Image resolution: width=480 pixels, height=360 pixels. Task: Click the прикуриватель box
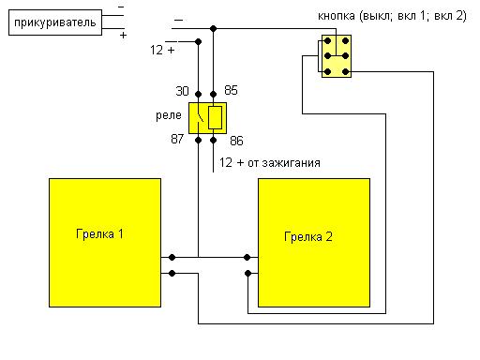point(55,22)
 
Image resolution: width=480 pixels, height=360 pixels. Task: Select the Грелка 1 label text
point(99,234)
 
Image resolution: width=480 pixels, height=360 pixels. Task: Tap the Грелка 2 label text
point(308,237)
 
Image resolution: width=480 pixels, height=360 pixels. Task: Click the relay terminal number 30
point(182,91)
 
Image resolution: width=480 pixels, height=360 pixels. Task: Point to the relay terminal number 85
point(231,90)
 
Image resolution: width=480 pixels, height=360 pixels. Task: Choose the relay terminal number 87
point(177,139)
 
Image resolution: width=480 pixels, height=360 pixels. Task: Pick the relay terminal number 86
point(236,141)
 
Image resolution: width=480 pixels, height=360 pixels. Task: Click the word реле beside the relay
point(169,115)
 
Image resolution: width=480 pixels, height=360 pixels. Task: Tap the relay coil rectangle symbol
point(215,117)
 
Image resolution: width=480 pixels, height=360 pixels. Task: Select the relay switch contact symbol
point(200,117)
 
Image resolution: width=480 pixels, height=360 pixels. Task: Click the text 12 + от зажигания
point(270,163)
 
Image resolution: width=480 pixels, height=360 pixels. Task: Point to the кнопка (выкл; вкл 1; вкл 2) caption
point(392,16)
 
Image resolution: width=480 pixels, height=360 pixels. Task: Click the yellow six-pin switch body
point(337,56)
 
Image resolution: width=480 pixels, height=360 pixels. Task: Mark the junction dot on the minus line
point(213,29)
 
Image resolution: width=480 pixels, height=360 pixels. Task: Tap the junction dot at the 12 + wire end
point(198,41)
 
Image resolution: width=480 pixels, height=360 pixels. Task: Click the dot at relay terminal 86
point(213,141)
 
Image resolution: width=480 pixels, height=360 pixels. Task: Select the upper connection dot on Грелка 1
point(172,257)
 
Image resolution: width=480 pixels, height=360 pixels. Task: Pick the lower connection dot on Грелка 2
point(247,274)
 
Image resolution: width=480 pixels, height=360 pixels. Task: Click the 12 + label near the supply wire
point(162,50)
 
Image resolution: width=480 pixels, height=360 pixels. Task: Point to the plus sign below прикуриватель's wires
point(123,35)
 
